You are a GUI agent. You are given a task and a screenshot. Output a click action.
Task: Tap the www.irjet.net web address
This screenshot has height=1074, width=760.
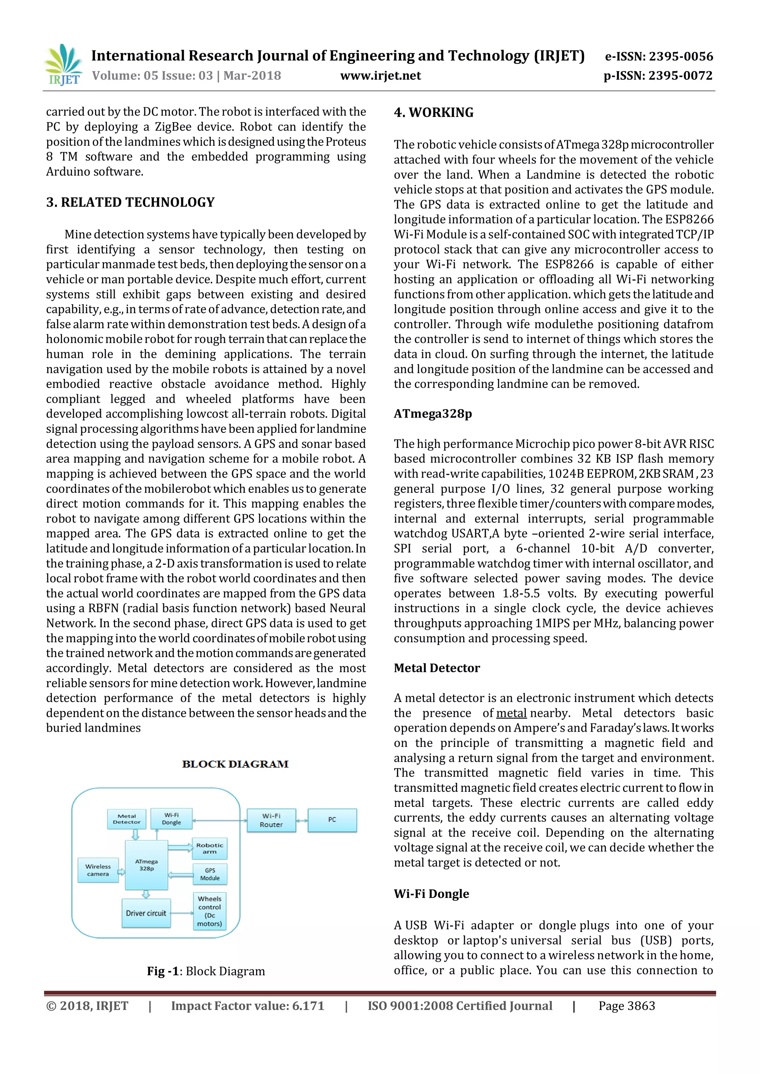click(380, 76)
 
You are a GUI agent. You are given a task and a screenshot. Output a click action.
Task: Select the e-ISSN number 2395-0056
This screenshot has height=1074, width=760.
click(658, 57)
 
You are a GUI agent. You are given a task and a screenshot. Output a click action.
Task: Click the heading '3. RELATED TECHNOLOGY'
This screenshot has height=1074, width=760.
click(130, 202)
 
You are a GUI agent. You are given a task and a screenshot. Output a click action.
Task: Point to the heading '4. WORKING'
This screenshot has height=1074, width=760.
click(433, 112)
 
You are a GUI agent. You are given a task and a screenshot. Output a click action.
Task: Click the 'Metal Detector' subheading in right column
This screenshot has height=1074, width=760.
click(437, 668)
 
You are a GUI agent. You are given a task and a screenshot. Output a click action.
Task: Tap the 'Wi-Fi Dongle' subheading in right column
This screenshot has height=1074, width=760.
click(431, 894)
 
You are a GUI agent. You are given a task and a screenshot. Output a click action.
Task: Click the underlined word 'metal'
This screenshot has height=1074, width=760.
click(511, 713)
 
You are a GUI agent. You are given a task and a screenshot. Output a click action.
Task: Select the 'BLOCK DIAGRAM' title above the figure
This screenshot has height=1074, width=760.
click(235, 764)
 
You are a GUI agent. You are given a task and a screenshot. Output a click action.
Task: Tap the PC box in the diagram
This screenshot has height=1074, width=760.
click(332, 820)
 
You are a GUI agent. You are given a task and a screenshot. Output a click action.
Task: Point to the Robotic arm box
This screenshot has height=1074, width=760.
click(210, 849)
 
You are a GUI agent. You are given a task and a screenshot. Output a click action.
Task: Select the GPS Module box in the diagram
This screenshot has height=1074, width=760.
click(210, 874)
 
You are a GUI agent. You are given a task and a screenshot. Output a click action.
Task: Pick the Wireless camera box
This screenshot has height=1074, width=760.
click(98, 870)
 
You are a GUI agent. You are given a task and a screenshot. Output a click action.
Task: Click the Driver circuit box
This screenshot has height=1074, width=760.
click(145, 913)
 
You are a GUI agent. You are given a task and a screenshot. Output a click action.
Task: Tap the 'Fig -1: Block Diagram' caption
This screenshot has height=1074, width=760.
click(206, 971)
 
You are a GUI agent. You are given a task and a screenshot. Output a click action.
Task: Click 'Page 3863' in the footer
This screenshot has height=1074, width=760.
click(627, 1006)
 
